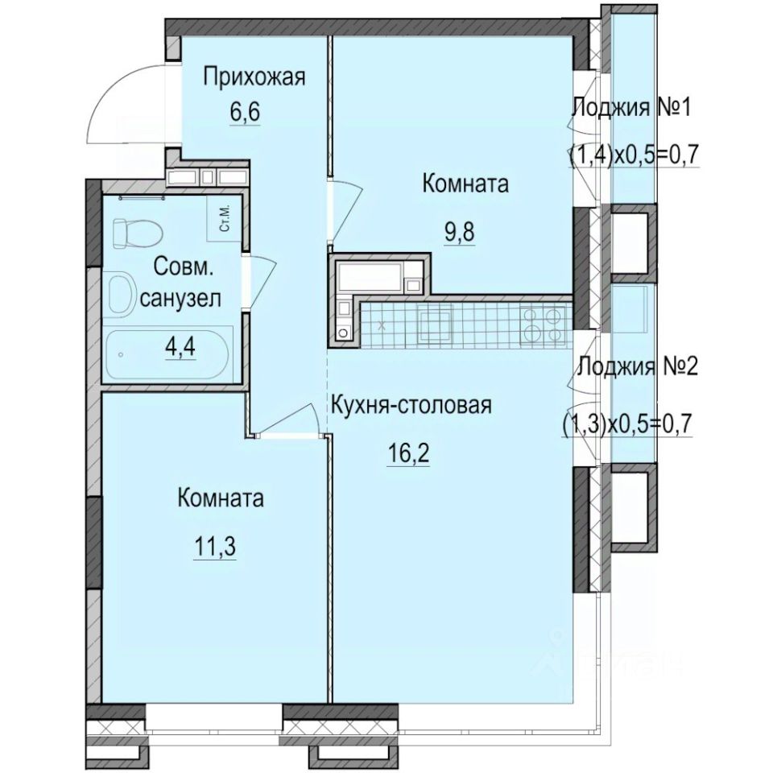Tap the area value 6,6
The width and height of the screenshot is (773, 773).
pos(245,113)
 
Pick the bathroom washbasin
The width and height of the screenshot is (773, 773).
pos(119,295)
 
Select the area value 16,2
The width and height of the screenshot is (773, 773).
pos(408,453)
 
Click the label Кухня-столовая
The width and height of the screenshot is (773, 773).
pos(411,406)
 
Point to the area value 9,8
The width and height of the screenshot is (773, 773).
pos(460,231)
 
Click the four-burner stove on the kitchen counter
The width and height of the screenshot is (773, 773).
pos(544,324)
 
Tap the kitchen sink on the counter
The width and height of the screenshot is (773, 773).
pos(434,323)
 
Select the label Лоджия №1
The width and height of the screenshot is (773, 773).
pos(631,107)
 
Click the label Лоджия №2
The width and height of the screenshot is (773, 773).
pos(638,367)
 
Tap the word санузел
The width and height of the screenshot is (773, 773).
pos(180,298)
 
